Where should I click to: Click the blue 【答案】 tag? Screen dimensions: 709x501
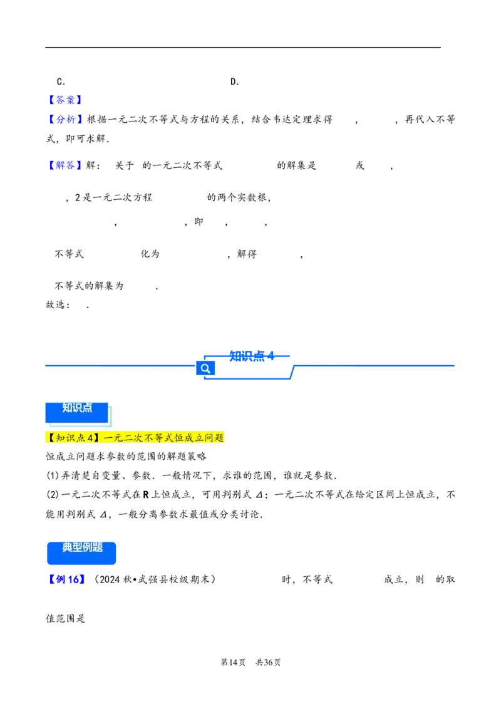pyautogui.click(x=65, y=100)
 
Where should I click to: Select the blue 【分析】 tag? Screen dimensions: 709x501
pyautogui.click(x=65, y=118)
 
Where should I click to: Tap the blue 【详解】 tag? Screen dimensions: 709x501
pyautogui.click(x=65, y=165)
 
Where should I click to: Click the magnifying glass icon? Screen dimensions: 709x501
pyautogui.click(x=205, y=368)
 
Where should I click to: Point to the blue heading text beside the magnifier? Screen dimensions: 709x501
pyautogui.click(x=251, y=356)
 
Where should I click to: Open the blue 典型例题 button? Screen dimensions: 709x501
pyautogui.click(x=82, y=552)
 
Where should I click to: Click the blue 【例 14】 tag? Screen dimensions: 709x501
pyautogui.click(x=65, y=579)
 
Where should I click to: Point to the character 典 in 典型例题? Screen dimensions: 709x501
pyautogui.click(x=68, y=547)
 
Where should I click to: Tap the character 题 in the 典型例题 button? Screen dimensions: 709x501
pyautogui.click(x=98, y=547)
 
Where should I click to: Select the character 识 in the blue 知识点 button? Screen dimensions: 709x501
pyautogui.click(x=77, y=408)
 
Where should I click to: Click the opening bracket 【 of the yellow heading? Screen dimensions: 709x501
pyautogui.click(x=51, y=438)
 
